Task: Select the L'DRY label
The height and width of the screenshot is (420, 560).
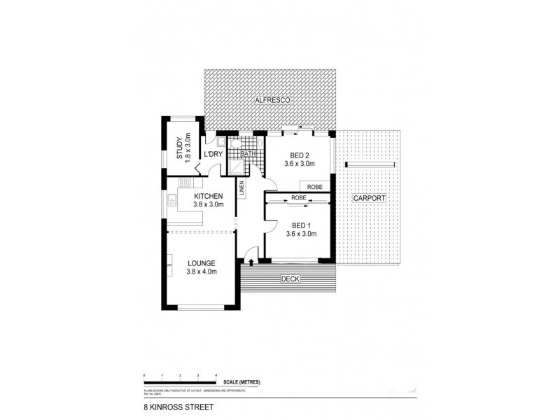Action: tap(213, 155)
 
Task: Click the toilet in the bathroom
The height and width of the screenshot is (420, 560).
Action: tap(237, 143)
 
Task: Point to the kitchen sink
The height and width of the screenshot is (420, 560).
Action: tap(171, 205)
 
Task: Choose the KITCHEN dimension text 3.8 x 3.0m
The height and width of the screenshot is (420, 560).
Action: tap(208, 205)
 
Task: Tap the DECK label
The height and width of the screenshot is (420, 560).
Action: tap(290, 280)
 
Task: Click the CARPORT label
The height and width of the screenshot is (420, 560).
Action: tap(370, 198)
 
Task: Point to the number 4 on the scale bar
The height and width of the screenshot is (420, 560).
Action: tap(216, 376)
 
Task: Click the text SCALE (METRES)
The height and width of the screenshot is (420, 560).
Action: tap(242, 381)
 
